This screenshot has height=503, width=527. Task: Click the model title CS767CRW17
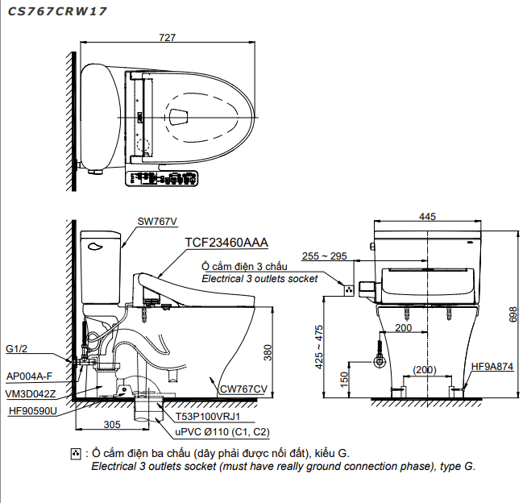click(56, 11)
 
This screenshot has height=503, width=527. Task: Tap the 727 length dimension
click(167, 37)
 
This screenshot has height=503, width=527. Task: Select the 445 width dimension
click(427, 217)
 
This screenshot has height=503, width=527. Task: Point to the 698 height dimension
click(513, 314)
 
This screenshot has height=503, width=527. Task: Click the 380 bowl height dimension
click(268, 352)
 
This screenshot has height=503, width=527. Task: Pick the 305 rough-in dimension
click(112, 425)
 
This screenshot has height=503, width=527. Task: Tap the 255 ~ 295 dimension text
click(324, 256)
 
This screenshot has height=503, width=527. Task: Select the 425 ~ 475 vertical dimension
click(319, 347)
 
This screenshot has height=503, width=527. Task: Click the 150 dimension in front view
click(344, 380)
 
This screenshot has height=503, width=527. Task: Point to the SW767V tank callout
click(157, 222)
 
